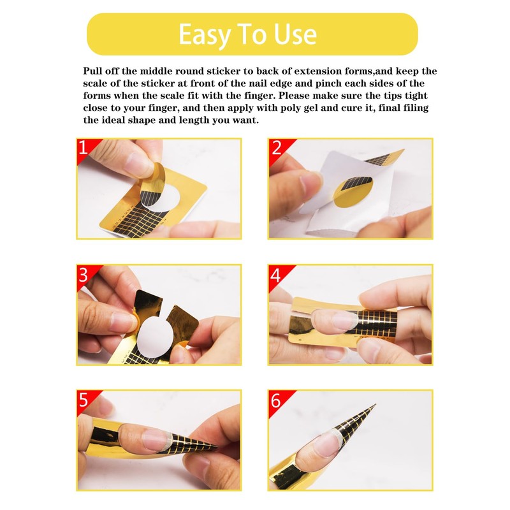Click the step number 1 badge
(83, 149)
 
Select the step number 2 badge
(276, 149)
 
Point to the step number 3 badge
(83, 275)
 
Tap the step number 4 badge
(276, 275)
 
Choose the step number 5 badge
(83, 400)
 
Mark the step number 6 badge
(276, 400)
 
